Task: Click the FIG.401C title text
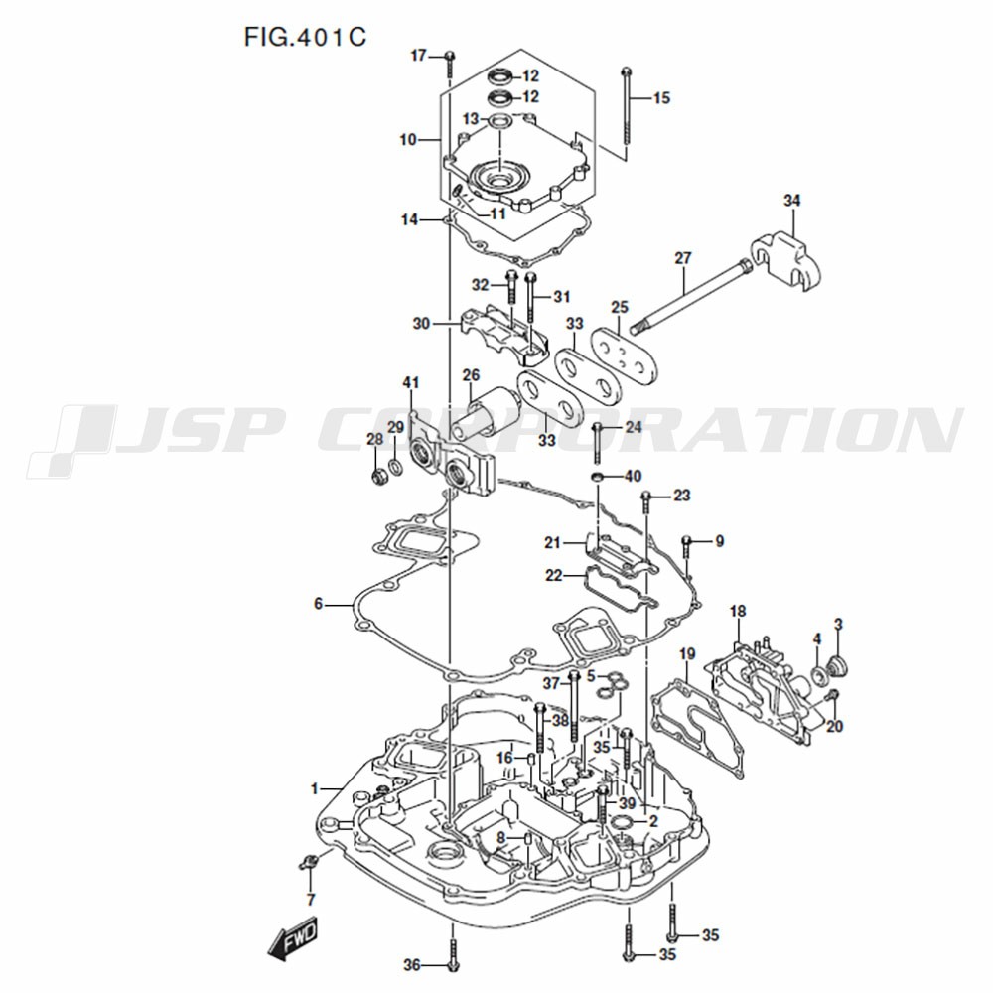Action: click(305, 37)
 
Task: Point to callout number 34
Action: click(791, 202)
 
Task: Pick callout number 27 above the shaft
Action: click(682, 258)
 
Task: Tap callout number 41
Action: click(411, 382)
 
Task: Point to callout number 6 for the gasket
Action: click(319, 603)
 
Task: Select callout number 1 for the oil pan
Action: click(315, 789)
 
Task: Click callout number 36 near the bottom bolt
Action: click(411, 964)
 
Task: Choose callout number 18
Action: click(738, 610)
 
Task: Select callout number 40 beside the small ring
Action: click(633, 477)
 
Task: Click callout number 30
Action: click(421, 323)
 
